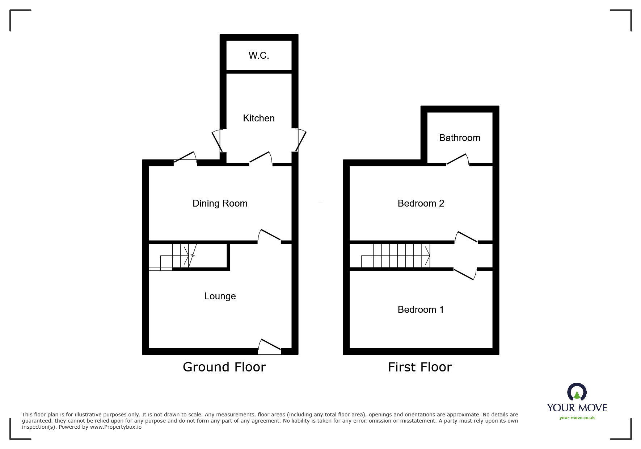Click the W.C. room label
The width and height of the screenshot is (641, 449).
(x=259, y=55)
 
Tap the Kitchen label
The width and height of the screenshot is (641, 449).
(x=259, y=118)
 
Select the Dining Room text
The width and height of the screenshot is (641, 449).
(x=220, y=203)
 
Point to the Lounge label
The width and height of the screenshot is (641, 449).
(x=220, y=296)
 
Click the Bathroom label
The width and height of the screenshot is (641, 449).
(x=460, y=138)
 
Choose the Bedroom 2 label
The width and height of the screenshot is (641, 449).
(x=421, y=203)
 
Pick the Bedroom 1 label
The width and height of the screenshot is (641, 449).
(x=421, y=309)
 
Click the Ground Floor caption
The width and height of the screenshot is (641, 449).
(x=224, y=367)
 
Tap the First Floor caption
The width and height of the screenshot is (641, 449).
(x=420, y=367)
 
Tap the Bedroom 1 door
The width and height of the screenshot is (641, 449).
(x=465, y=274)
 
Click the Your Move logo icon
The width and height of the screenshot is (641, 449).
(x=577, y=392)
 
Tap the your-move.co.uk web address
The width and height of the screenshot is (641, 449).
(x=577, y=418)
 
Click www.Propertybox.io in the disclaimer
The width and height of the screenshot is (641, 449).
(x=116, y=427)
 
